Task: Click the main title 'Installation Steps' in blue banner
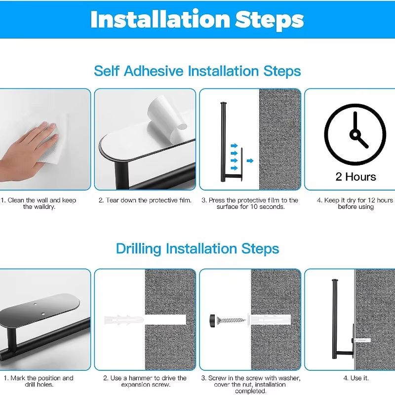(197, 19)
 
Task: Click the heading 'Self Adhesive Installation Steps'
(197, 71)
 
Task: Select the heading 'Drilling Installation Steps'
(197, 248)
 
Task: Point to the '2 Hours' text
(355, 177)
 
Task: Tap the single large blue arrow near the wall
(250, 160)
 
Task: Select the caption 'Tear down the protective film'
(144, 200)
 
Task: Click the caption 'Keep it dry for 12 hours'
(355, 200)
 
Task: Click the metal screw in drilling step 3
(232, 319)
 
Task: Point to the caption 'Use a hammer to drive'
(144, 378)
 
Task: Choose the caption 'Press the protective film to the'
(250, 200)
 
